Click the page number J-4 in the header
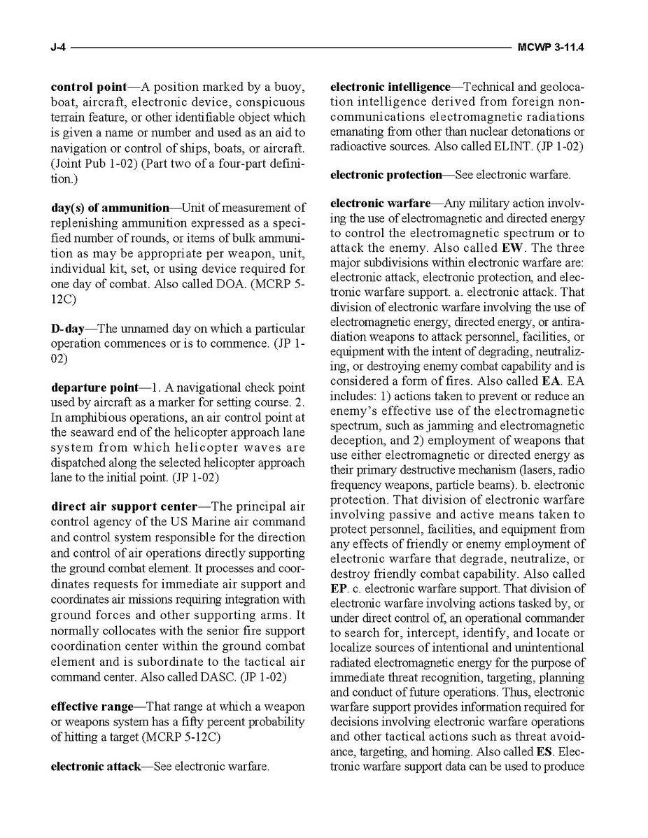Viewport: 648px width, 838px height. coord(58,48)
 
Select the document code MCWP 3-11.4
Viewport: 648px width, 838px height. coord(551,48)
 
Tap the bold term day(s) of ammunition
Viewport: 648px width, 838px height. coord(110,207)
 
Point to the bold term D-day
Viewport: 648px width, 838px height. coord(67,328)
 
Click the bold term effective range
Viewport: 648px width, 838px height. coord(92,706)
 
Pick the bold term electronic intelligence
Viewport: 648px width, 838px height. coord(390,87)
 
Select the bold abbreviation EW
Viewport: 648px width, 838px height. coord(512,248)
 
